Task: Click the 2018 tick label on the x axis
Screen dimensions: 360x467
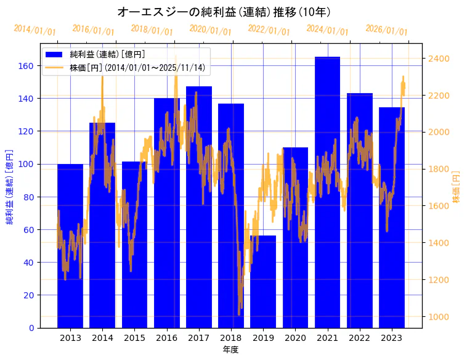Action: pyautogui.click(x=231, y=338)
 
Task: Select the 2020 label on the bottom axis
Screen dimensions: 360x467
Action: pyautogui.click(x=295, y=338)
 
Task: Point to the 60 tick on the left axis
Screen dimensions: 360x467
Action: pyautogui.click(x=28, y=230)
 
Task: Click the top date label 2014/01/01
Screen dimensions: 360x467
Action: pyautogui.click(x=35, y=30)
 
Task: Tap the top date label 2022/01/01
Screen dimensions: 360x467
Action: pyautogui.click(x=269, y=30)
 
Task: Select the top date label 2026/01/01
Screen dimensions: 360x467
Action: pyautogui.click(x=386, y=30)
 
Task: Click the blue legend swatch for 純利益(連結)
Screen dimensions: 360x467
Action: pyautogui.click(x=54, y=54)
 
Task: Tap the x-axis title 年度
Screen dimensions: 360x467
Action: pyautogui.click(x=230, y=350)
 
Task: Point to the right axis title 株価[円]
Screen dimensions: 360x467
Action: pyautogui.click(x=457, y=187)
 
